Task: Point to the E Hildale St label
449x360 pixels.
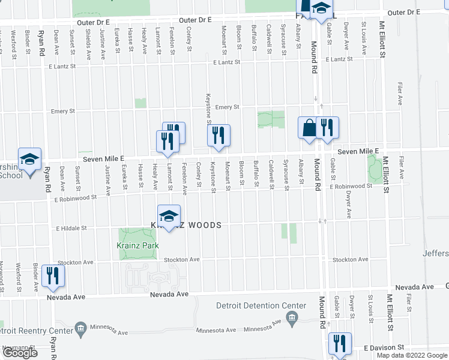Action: click(72, 229)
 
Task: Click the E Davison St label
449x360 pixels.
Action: click(384, 348)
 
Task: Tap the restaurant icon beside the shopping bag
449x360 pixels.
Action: click(327, 128)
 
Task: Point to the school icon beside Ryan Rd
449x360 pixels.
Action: click(29, 159)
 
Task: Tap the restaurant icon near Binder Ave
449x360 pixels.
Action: click(53, 275)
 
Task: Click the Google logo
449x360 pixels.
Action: click(20, 353)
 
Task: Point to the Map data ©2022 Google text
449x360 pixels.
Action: click(412, 356)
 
